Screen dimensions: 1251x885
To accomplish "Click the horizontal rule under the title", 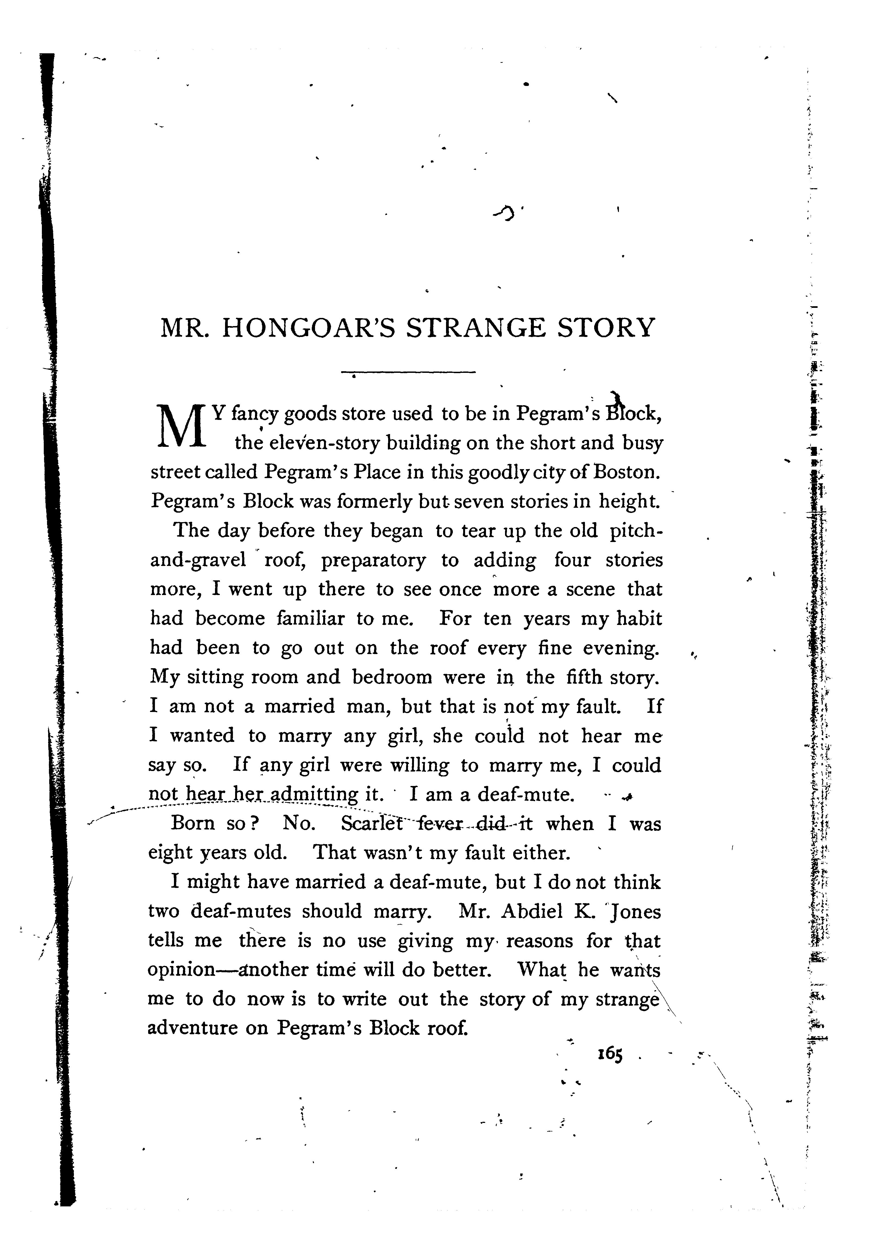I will point(409,372).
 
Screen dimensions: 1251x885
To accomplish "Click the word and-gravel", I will point(198,560).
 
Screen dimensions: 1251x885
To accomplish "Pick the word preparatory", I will point(373,560).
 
